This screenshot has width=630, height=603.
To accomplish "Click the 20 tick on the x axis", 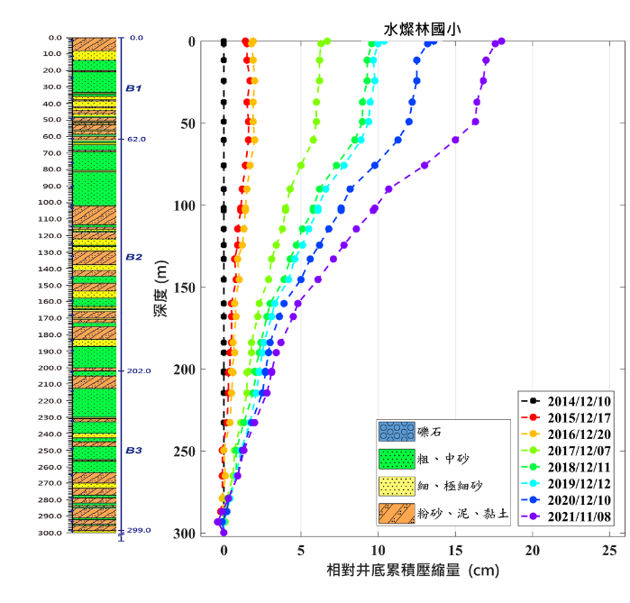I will click(x=533, y=550).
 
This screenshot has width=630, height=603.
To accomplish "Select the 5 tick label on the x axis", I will click(x=301, y=550).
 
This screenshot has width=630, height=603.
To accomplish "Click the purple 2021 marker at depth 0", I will click(x=501, y=41).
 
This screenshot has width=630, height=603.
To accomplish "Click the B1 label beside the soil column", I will click(x=133, y=88).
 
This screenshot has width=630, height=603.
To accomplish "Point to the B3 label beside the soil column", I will click(x=133, y=450).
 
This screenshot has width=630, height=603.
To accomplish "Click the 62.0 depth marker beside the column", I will click(x=136, y=140).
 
